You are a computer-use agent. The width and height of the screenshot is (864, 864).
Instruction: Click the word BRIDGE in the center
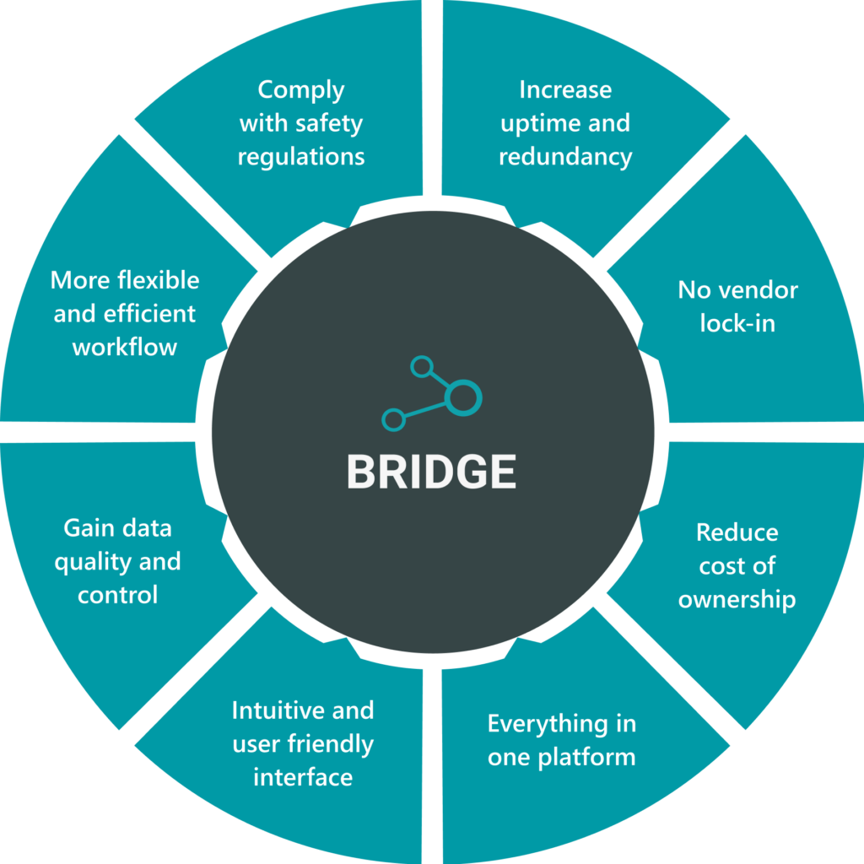(x=431, y=472)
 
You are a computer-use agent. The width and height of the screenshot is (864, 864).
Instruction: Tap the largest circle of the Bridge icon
(x=462, y=397)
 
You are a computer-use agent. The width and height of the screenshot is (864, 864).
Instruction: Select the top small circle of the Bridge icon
(x=421, y=367)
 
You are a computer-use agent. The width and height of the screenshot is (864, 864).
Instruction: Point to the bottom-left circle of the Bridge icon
(x=393, y=418)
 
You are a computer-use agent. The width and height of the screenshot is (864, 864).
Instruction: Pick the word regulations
(x=301, y=157)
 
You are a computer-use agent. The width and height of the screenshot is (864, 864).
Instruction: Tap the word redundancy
(x=565, y=157)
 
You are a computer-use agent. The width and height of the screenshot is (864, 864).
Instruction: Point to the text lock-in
(x=737, y=323)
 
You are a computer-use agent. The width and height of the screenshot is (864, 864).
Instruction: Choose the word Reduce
(x=737, y=532)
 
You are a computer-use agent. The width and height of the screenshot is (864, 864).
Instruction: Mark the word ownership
(x=737, y=599)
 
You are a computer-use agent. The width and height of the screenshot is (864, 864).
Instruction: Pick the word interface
(x=303, y=776)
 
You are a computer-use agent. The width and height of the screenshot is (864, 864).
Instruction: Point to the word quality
(x=89, y=562)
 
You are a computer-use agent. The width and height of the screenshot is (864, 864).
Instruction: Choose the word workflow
(x=125, y=347)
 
